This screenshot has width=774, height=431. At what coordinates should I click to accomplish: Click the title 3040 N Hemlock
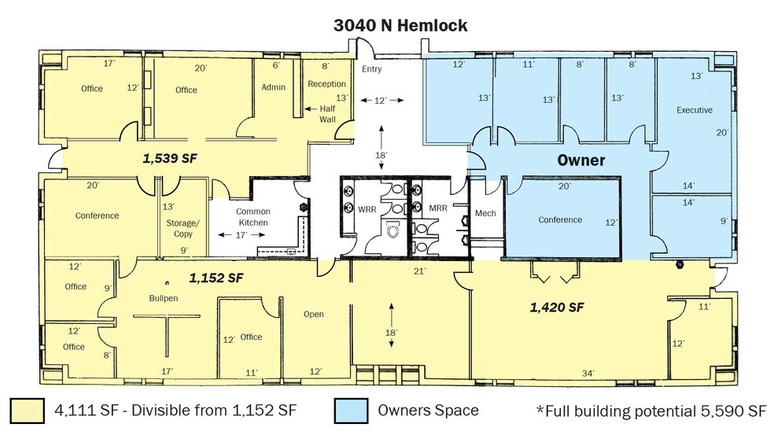point(400,25)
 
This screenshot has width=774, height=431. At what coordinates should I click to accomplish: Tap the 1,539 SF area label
point(169,158)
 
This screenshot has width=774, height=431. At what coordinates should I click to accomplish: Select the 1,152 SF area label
point(215,278)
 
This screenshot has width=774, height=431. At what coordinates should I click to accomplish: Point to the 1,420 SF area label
point(556,307)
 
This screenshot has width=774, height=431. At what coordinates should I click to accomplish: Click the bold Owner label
point(580,160)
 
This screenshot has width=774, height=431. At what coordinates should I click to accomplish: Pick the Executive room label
point(694,110)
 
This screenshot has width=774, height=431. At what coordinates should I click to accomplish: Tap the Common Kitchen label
point(253,217)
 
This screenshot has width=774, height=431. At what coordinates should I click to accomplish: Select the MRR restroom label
point(438,210)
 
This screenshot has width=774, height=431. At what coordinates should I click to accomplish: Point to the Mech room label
point(484,214)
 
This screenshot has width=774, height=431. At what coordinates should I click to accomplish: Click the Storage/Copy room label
point(182,228)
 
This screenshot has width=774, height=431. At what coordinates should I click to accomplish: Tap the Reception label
point(326,84)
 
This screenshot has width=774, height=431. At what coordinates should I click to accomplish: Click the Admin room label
point(273,88)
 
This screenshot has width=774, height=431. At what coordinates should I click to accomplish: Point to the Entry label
point(371,69)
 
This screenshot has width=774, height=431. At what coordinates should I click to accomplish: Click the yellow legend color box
point(27,411)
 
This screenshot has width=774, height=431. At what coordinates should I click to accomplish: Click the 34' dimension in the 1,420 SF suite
point(588,372)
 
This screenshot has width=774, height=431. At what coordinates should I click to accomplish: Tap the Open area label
point(313,314)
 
